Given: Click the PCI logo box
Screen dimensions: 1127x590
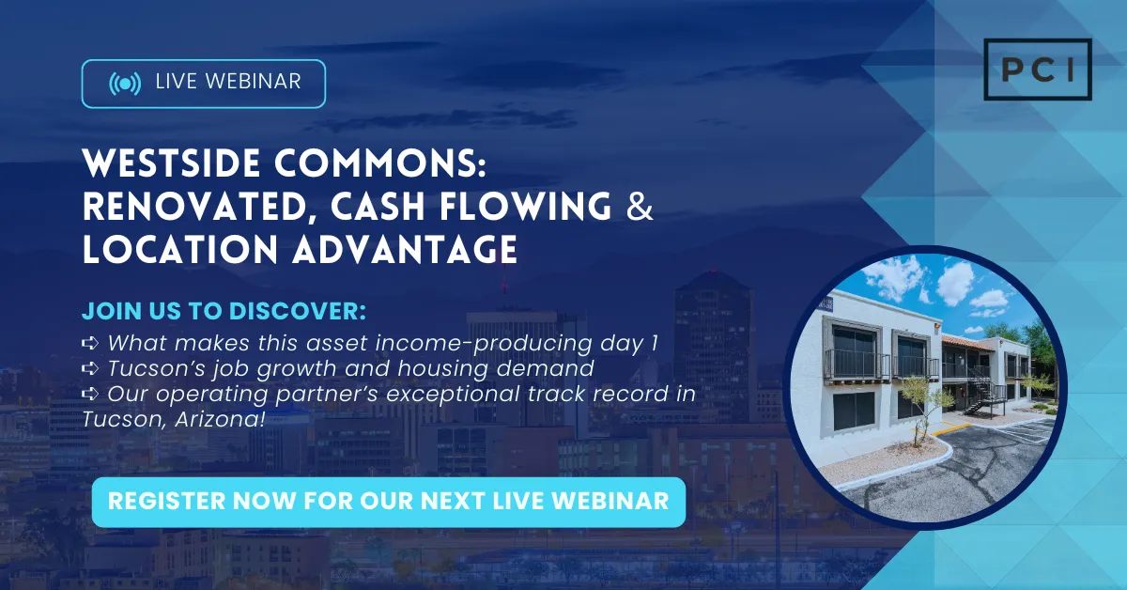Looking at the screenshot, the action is coord(1038,70).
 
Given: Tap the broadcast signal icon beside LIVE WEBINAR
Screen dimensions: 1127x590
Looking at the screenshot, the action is coord(125,83).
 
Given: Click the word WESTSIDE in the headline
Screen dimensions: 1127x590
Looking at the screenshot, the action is coord(171,163).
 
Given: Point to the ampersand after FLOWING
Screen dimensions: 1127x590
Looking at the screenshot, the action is coord(640,206).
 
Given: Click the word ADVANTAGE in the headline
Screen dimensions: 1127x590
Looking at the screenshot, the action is coord(405,249).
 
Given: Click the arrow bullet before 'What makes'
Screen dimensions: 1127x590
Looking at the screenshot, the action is coord(90,343).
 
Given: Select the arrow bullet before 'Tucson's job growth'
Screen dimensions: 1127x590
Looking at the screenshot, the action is coord(90,368).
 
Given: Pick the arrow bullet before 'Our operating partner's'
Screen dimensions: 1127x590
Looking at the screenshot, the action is coord(90,394).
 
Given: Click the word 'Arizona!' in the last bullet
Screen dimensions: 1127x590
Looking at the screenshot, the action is coord(220,419).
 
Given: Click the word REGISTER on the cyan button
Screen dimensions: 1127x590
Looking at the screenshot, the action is coord(166,501).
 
